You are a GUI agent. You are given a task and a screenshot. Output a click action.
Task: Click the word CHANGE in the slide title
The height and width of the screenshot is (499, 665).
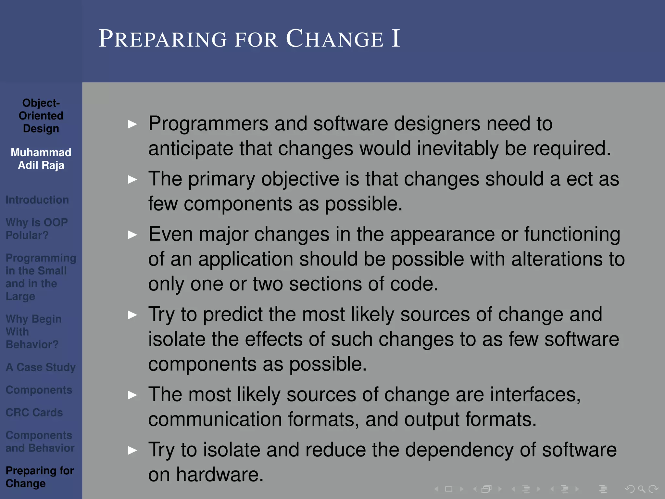pyautogui.click(x=335, y=39)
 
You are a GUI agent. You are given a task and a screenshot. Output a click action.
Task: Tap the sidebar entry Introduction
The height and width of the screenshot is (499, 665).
pyautogui.click(x=37, y=200)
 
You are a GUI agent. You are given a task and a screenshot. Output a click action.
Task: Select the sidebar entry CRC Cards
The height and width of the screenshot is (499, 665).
pyautogui.click(x=34, y=413)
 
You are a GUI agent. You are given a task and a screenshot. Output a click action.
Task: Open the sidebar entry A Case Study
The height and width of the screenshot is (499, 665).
pyautogui.click(x=41, y=367)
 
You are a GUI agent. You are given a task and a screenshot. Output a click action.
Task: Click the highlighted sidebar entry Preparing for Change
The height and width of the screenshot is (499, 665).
pyautogui.click(x=40, y=477)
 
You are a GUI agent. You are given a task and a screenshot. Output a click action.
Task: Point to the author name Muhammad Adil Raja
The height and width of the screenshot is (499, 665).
pyautogui.click(x=41, y=159)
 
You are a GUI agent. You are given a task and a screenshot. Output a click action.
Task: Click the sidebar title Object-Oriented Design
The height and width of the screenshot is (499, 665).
pyautogui.click(x=41, y=116)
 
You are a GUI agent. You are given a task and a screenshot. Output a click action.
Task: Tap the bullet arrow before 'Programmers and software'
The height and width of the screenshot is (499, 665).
pyautogui.click(x=132, y=124)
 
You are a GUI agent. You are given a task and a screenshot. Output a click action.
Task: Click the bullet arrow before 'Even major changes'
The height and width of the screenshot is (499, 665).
pyautogui.click(x=132, y=235)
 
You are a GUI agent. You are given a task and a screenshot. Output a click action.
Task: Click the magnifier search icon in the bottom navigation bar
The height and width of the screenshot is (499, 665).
pyautogui.click(x=641, y=489)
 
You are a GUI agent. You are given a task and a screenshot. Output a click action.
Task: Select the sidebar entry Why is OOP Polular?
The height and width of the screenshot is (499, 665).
pyautogui.click(x=37, y=229)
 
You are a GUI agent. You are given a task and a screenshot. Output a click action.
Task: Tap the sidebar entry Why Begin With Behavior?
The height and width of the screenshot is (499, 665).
pyautogui.click(x=33, y=332)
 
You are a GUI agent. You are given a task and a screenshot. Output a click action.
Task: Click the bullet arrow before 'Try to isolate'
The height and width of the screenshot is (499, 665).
pyautogui.click(x=132, y=450)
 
